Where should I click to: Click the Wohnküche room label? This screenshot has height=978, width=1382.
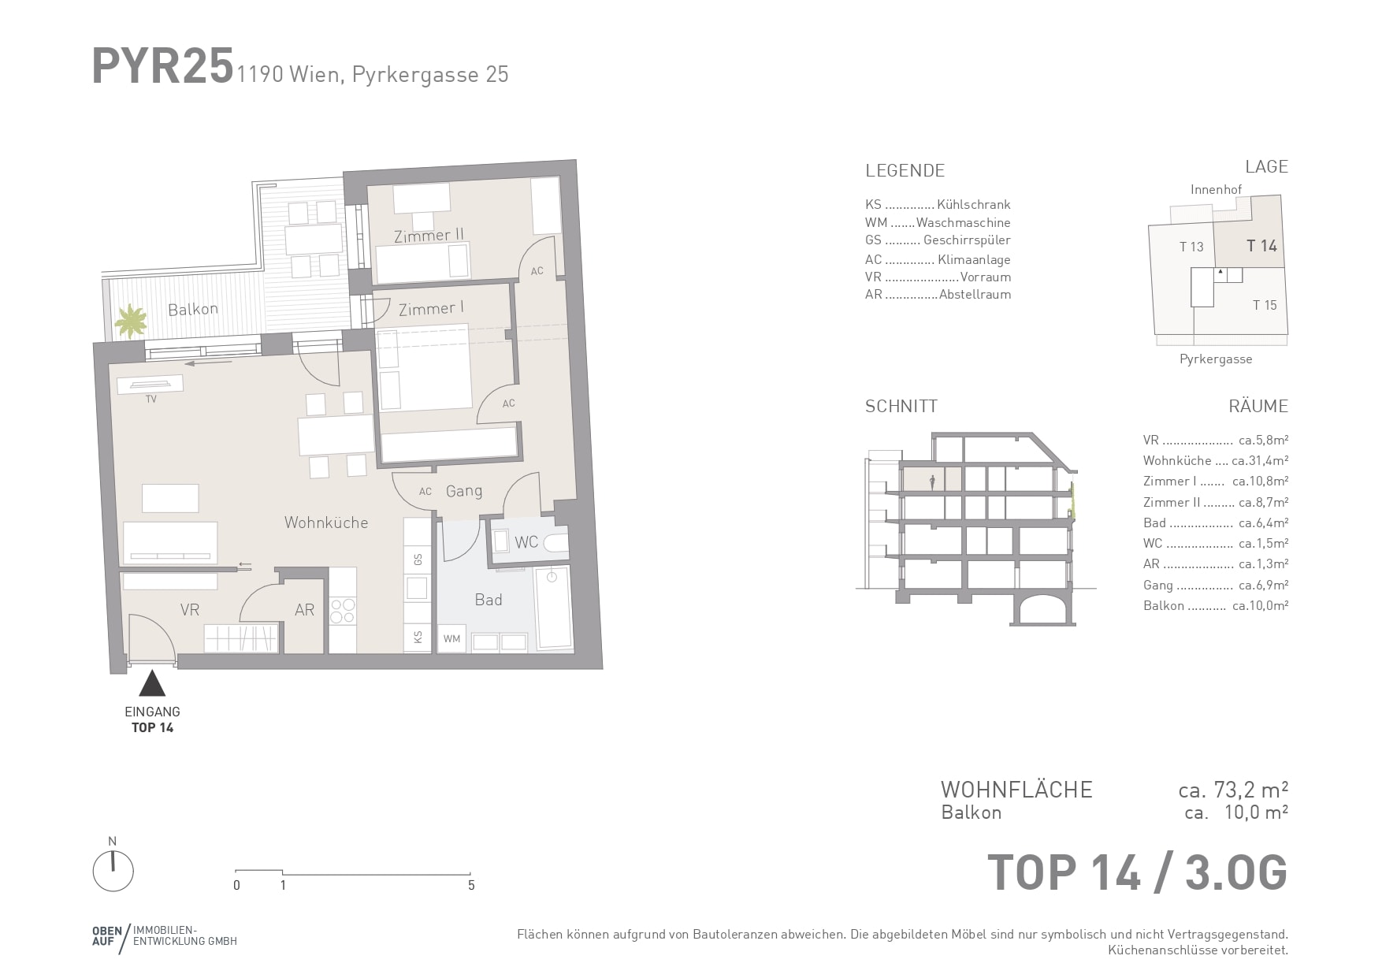click(x=326, y=522)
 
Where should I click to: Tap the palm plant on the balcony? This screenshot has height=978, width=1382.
click(x=130, y=322)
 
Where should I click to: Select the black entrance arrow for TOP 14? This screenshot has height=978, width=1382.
click(x=152, y=683)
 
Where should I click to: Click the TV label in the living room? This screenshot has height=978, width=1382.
click(x=150, y=400)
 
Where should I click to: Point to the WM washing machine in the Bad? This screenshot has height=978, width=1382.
click(x=451, y=638)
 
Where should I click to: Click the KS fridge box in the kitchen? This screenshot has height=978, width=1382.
click(x=418, y=637)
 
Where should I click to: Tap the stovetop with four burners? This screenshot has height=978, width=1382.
click(x=342, y=611)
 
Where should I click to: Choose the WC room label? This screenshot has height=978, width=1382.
click(x=526, y=542)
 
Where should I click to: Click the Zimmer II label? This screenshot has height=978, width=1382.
click(x=429, y=236)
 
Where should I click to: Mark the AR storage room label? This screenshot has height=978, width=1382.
click(x=305, y=610)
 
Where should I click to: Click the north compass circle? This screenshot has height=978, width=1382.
click(x=113, y=872)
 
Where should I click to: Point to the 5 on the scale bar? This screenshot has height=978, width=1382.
click(x=471, y=886)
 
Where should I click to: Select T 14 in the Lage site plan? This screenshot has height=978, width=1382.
click(x=1261, y=246)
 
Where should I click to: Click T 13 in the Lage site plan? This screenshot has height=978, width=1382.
click(x=1191, y=247)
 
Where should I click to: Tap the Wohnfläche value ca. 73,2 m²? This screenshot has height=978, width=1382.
click(x=1233, y=790)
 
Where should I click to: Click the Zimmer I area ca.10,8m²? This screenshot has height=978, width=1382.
click(x=1260, y=482)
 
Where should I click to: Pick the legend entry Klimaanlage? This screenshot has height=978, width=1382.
click(x=974, y=259)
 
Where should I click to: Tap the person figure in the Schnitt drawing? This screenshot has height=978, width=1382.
click(x=933, y=482)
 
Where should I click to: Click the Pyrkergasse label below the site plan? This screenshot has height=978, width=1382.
click(x=1216, y=359)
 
